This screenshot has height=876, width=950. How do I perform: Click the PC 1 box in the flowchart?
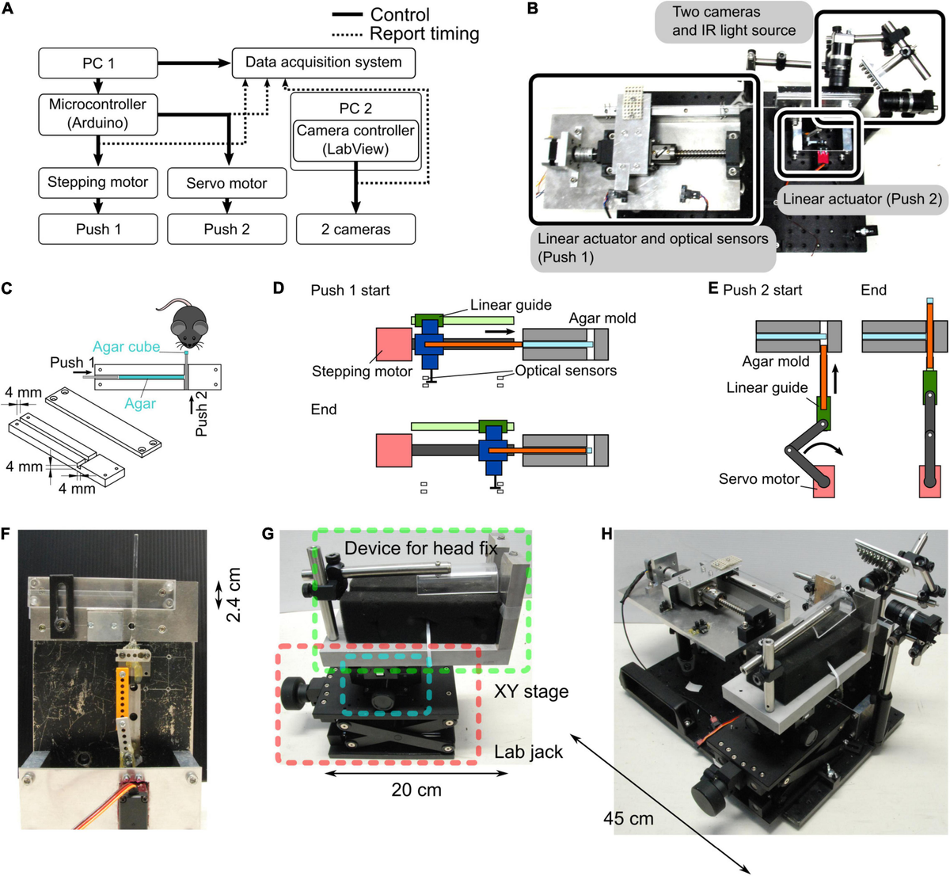98,63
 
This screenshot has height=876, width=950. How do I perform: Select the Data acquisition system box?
323,63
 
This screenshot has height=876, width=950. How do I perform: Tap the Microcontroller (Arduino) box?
98,113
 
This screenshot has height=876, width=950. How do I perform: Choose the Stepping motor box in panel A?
98,182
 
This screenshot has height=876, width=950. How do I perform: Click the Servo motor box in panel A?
226,183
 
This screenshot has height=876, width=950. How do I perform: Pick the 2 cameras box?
355,230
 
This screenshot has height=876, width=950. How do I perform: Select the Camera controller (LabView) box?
355,139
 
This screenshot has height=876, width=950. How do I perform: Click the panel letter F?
6,535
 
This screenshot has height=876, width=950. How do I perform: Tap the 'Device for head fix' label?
420,548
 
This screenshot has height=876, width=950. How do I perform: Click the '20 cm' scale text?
416,790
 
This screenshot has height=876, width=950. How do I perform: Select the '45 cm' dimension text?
629,817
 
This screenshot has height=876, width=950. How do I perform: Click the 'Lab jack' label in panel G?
528,751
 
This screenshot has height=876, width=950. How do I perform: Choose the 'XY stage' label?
530,691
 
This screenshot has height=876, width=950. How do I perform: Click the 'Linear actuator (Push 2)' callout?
862,199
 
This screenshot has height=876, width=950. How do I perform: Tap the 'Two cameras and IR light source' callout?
734,21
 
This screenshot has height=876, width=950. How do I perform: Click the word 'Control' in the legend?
400,14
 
